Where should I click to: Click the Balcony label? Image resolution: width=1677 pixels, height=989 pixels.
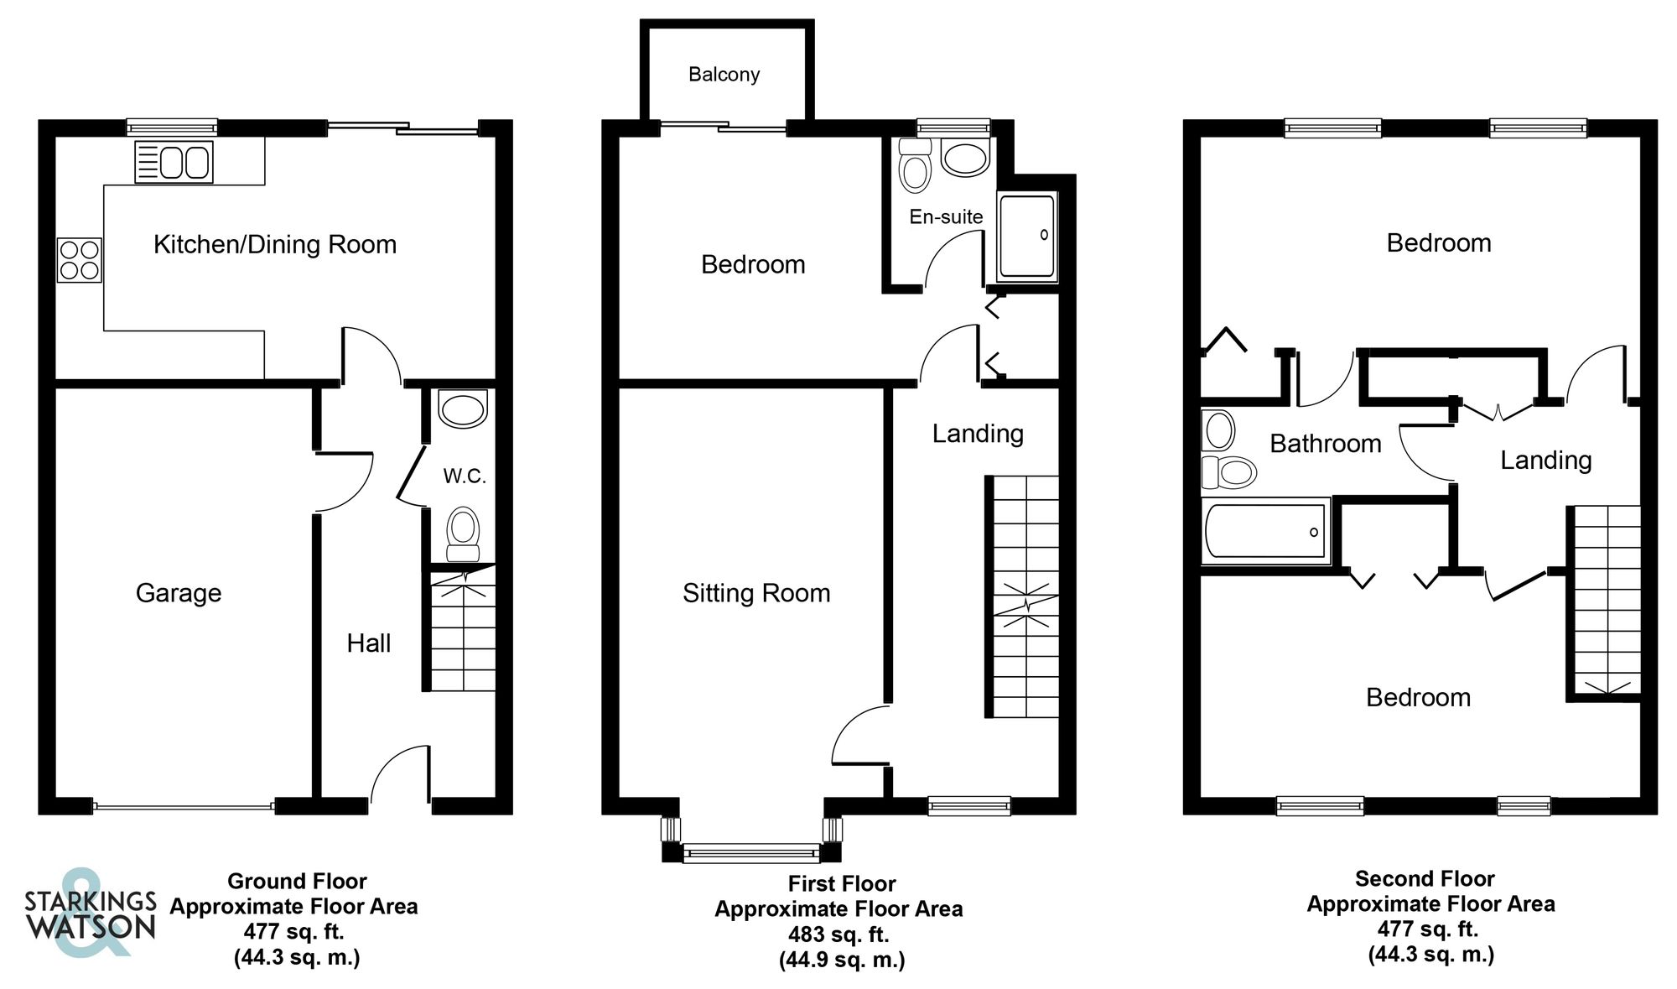(724, 75)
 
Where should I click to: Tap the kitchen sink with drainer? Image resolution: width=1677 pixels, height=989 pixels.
(174, 162)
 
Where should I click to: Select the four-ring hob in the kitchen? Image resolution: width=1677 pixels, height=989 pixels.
(80, 260)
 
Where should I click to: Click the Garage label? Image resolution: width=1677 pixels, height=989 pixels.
(179, 593)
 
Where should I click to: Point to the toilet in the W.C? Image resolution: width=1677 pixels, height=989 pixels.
(463, 534)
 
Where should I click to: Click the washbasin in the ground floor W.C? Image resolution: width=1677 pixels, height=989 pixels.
(463, 409)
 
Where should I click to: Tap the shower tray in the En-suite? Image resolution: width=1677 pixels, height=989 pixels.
(1026, 237)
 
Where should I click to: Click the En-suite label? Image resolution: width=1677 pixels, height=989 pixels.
(946, 216)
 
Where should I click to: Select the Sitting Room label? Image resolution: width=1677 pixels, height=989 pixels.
(756, 593)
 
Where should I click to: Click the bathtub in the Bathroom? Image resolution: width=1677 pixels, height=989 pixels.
(1265, 531)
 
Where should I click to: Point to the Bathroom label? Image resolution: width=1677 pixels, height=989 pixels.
(1325, 443)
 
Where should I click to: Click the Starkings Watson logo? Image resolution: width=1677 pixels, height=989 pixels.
(90, 913)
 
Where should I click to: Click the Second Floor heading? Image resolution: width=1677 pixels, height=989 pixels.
(1425, 878)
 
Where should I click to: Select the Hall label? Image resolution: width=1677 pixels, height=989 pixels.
(369, 643)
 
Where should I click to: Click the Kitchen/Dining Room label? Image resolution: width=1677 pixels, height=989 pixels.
(275, 244)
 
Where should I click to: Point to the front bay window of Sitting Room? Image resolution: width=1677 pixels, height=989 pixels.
(751, 853)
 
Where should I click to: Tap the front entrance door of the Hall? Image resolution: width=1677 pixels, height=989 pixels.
(401, 776)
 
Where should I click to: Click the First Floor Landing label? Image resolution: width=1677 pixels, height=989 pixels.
(978, 433)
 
